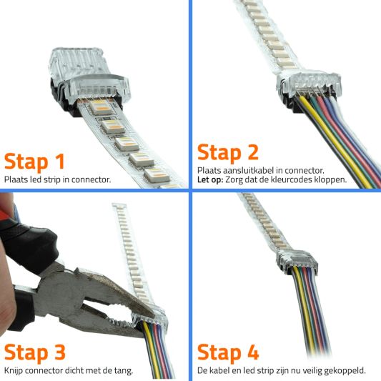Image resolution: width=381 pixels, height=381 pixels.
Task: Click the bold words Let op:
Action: tap(211, 179)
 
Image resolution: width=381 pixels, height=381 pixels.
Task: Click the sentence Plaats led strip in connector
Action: tap(57, 179)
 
